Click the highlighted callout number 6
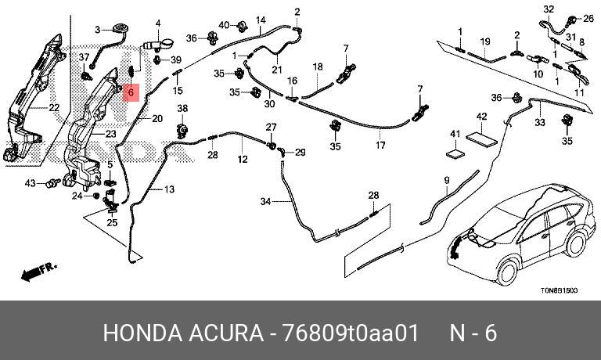[131, 92]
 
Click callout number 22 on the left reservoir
[54, 108]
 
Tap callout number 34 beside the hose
[265, 202]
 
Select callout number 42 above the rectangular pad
[482, 117]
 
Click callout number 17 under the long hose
[381, 146]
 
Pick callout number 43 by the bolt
[30, 183]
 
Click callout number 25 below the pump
[112, 223]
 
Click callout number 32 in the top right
[549, 9]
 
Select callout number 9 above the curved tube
[447, 180]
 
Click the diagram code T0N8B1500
[558, 290]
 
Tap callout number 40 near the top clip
[224, 24]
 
